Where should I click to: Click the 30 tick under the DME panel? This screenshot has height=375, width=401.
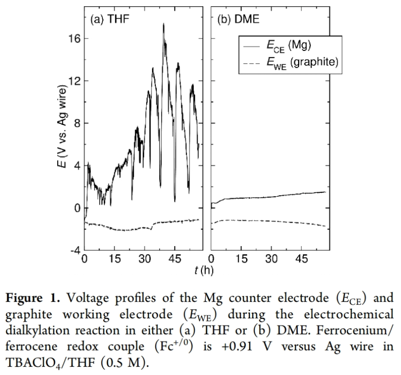pos(272,259)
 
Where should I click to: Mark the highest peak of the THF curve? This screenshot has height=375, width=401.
pos(163,24)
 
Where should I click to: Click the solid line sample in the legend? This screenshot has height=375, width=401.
pos(253,46)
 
